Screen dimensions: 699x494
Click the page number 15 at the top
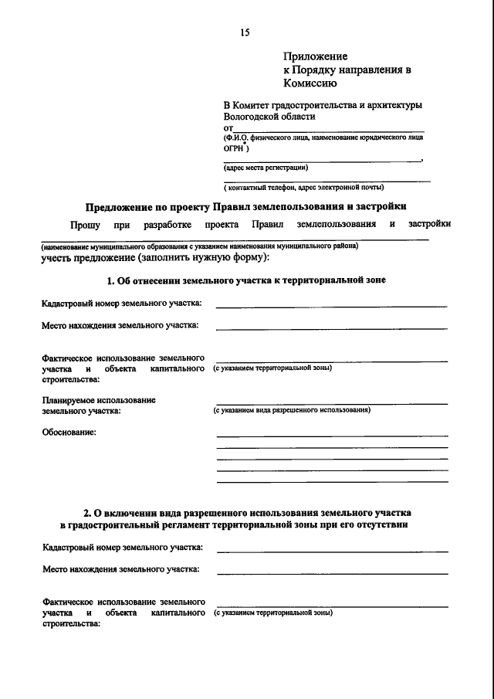click(x=245, y=32)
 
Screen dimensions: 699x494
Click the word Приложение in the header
click(x=315, y=56)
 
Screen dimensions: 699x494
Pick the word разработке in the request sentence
click(x=167, y=224)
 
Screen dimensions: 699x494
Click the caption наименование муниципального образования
click(x=200, y=246)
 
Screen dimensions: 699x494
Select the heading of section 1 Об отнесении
click(x=246, y=280)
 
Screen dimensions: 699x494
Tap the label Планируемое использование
click(x=99, y=400)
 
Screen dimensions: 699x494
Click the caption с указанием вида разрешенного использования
click(x=292, y=411)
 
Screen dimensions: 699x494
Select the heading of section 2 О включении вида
click(x=246, y=513)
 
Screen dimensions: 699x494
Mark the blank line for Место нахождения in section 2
click(x=332, y=573)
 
